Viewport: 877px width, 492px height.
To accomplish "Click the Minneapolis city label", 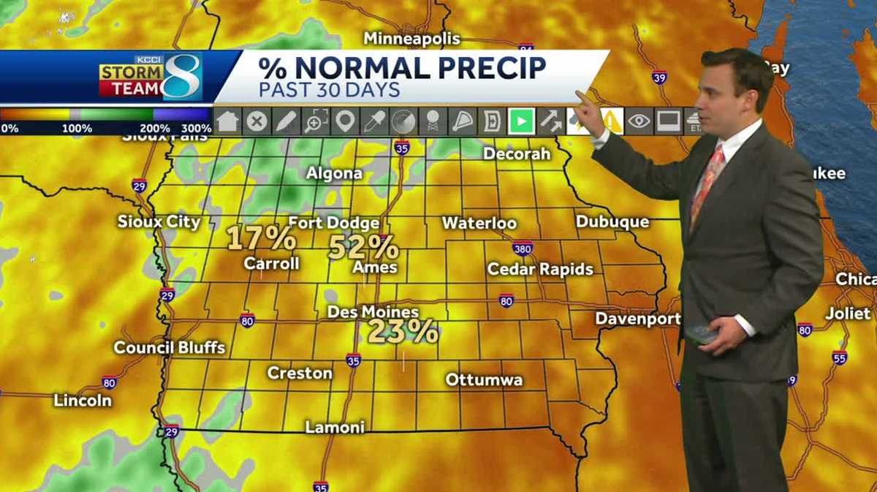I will [x=412, y=38].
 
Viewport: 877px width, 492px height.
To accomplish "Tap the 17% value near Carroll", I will [x=261, y=238].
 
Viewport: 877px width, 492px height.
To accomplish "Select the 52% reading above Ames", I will [x=363, y=247].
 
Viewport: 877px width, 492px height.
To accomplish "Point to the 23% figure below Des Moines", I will [x=403, y=331].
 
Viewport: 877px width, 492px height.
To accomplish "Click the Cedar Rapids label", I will [x=540, y=269].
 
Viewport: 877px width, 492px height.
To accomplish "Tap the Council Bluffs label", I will [x=170, y=347].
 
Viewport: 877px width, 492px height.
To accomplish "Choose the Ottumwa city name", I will [x=484, y=379].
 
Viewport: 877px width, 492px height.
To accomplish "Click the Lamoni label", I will [x=335, y=427].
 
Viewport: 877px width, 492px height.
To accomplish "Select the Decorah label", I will [x=517, y=154].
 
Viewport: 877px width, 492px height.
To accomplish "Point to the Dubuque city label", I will [x=612, y=222].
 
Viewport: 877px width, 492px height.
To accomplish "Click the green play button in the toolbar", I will [x=521, y=121].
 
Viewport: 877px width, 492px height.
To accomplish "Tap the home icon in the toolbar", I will [x=227, y=121].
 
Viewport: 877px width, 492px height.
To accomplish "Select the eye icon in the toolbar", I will [x=639, y=121].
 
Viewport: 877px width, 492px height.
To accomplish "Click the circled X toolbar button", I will [x=257, y=121].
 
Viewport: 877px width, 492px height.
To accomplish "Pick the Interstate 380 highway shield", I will [x=522, y=248].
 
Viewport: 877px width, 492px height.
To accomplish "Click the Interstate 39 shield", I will [x=660, y=77].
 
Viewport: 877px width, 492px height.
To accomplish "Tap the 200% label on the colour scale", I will [x=155, y=129].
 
